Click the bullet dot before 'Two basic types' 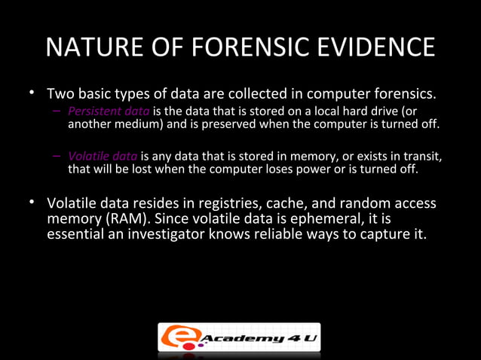pos(32,94)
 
